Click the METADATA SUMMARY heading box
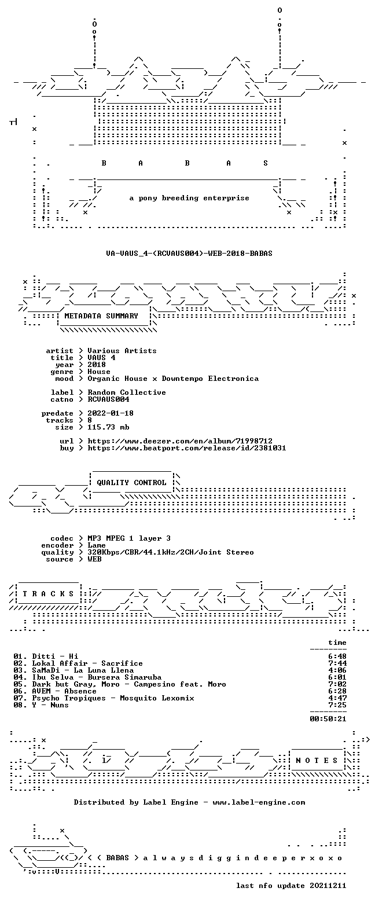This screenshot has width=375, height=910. point(104,316)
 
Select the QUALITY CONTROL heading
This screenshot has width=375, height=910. point(131,483)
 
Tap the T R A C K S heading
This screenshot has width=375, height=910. point(49,594)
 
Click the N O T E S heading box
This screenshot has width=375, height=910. point(317,761)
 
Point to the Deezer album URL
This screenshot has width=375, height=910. point(180,441)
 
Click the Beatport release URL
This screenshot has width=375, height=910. point(187,448)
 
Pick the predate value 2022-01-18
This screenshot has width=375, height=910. point(111,413)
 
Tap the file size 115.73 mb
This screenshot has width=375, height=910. point(108,427)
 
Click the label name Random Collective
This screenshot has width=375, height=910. point(127,392)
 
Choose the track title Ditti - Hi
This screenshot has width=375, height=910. point(55,656)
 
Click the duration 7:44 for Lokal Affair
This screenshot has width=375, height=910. point(337,663)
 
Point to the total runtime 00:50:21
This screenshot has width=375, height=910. point(328,718)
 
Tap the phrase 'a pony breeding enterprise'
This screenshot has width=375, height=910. point(189,198)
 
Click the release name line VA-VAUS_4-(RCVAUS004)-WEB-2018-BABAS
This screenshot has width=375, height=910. point(189,254)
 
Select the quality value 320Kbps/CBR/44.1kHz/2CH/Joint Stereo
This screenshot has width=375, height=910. point(171,552)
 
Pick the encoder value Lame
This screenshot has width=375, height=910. point(97,545)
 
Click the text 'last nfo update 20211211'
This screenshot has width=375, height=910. point(291,886)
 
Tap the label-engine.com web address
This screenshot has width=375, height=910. point(259,802)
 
